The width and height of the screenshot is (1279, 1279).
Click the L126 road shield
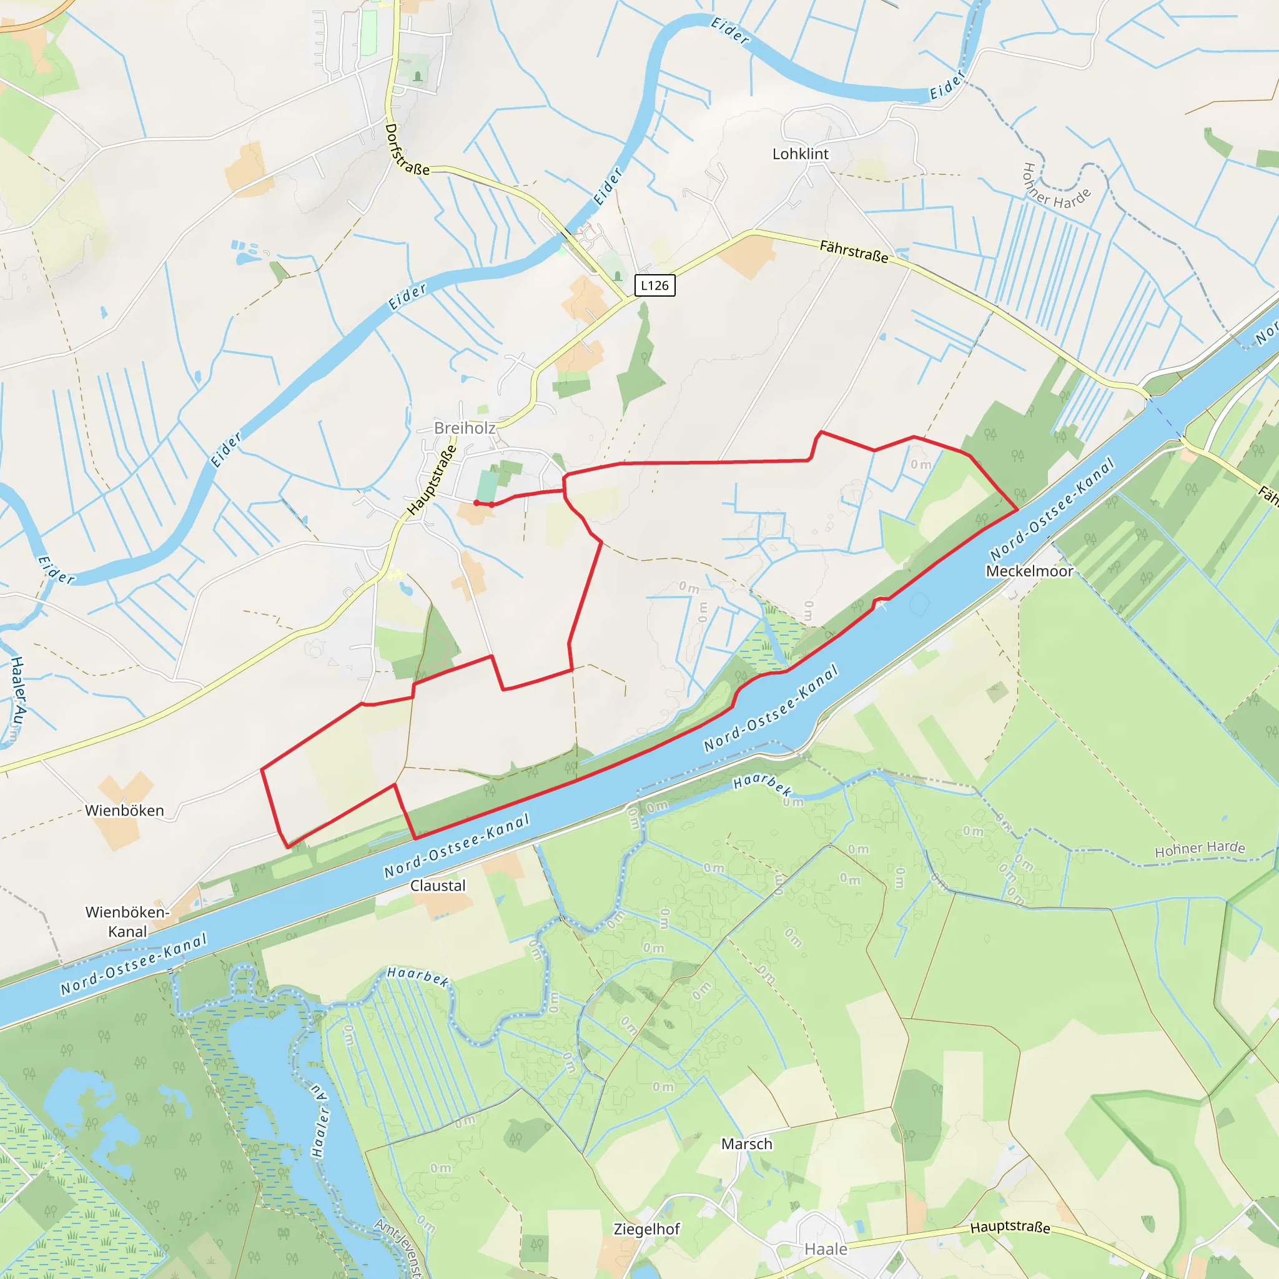[654, 285]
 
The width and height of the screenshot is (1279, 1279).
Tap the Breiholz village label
[464, 428]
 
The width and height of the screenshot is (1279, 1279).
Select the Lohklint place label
[801, 154]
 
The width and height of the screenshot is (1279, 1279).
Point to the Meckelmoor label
[1029, 571]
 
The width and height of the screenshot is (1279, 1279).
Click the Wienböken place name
[124, 810]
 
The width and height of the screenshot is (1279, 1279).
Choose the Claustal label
[438, 886]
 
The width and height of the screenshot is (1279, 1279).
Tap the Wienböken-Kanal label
[127, 922]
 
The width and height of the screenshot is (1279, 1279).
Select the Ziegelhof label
[647, 1229]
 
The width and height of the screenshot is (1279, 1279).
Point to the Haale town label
[826, 1249]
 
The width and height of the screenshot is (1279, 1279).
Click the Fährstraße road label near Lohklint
[854, 252]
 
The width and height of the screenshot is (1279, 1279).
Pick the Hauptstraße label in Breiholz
[432, 480]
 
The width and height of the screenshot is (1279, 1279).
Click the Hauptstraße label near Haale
[1010, 1227]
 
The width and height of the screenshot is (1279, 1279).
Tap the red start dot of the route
[477, 503]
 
